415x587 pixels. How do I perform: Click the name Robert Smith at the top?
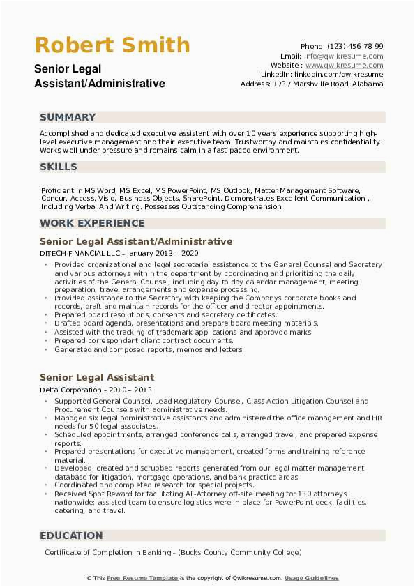[x=112, y=45]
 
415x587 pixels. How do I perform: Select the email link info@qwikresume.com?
[x=343, y=56]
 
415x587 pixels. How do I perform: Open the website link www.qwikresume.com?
[x=344, y=65]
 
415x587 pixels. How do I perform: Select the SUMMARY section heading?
[x=68, y=117]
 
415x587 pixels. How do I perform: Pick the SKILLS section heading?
[x=59, y=167]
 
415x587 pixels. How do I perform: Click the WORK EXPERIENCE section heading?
[x=92, y=223]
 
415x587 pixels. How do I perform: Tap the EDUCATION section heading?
[x=71, y=535]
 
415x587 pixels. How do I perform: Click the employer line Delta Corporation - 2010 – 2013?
[x=96, y=390]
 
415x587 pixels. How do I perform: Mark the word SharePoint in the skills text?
[x=202, y=198]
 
